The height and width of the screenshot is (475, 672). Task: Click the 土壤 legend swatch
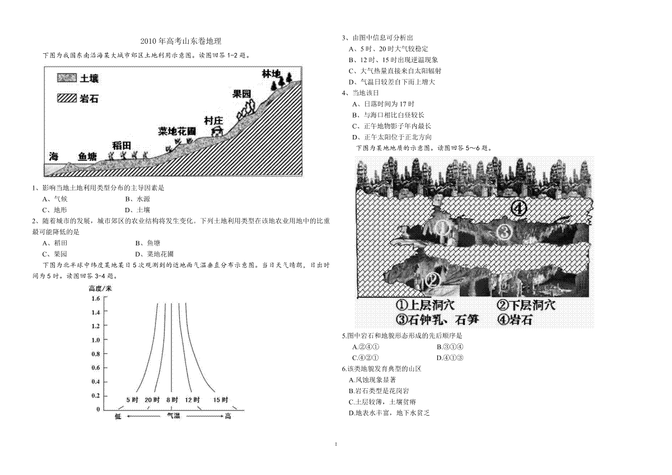67,78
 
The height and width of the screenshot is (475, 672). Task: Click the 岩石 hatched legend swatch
67,98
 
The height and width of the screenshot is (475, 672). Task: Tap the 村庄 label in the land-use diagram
213,120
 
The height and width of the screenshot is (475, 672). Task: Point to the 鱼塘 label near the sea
87,157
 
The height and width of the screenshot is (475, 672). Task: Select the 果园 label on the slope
241,94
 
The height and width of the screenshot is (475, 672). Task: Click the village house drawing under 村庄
217,131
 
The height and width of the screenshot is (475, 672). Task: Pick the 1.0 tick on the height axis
96,340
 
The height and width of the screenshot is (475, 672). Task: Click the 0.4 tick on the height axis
96,382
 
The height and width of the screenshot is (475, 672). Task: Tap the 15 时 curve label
221,400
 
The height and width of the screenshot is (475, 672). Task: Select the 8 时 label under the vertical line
172,400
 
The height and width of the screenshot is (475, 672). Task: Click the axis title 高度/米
100,288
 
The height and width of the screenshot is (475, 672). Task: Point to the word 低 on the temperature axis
118,416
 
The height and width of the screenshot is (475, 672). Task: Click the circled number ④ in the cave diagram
519,208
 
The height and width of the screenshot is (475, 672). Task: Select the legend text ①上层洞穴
425,305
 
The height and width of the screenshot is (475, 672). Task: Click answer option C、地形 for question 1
55,210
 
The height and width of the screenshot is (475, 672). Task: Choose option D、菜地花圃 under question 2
155,254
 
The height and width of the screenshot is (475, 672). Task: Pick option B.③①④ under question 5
450,347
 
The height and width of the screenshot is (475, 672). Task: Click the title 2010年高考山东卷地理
181,41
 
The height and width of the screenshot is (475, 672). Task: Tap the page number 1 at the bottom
336,444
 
